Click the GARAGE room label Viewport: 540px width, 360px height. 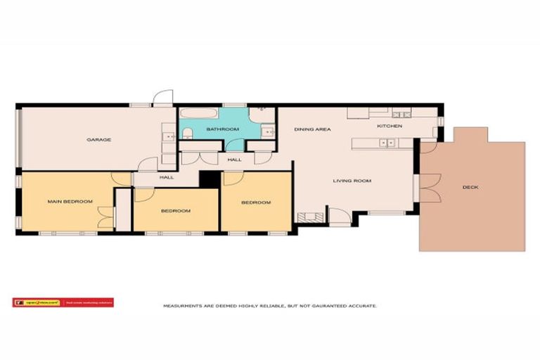[x=98, y=140]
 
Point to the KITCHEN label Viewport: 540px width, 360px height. [x=389, y=126]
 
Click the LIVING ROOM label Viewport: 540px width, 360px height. [x=352, y=181]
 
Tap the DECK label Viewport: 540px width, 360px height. [x=470, y=187]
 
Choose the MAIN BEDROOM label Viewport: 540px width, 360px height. [x=70, y=202]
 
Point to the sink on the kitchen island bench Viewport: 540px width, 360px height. [x=386, y=143]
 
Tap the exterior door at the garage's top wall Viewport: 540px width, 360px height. [x=162, y=98]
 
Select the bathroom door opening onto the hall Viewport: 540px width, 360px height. [x=235, y=146]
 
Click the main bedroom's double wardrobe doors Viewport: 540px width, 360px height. [x=105, y=217]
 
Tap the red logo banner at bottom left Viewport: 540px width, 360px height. [x=63, y=303]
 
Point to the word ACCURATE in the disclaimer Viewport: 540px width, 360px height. [x=364, y=307]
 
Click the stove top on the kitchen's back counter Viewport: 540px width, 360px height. [x=402, y=113]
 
